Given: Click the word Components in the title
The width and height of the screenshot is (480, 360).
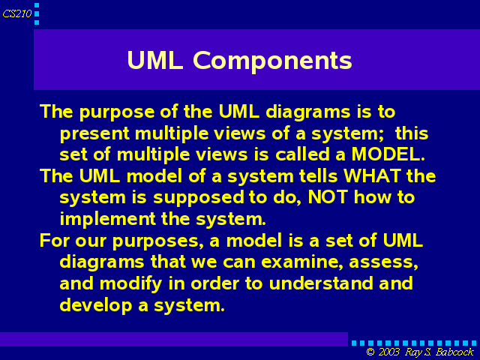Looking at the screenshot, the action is coord(272,61).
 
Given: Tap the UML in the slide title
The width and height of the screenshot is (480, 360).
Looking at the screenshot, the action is coord(155,60).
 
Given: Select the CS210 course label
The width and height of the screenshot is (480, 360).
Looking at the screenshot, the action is coord(16,13).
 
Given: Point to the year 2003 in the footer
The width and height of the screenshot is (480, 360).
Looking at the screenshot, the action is coord(388,352).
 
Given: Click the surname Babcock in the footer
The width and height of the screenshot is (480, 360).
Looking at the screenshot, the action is coord(454,352).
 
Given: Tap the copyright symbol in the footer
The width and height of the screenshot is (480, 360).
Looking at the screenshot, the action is coord(370,352).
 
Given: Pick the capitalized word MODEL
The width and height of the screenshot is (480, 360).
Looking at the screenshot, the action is coord(388,154).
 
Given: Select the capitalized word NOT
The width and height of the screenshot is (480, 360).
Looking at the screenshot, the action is coord(328,197).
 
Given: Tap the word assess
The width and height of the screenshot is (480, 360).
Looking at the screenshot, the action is coord(383,262).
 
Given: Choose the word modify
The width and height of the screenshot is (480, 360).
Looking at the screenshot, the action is coord(130,284).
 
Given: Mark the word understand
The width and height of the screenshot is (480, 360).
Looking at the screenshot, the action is coord(321,283).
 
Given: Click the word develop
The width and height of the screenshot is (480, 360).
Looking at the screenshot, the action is coord(95,305).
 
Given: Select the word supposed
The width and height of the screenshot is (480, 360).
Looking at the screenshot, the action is coord(198,198).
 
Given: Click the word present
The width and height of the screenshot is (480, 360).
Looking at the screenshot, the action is coord(94,134).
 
